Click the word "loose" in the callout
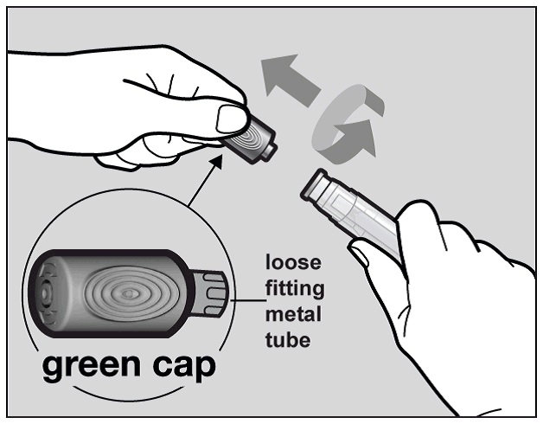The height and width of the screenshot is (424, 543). (293, 262)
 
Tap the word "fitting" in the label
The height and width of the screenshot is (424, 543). (295, 290)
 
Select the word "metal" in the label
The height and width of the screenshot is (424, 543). (293, 314)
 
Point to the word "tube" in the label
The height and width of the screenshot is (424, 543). (288, 340)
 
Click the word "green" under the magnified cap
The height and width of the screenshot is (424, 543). (92, 367)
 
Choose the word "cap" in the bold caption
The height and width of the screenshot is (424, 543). (184, 368)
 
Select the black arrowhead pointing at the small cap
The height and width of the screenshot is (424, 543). (217, 161)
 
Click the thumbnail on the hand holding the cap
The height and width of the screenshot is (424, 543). (231, 119)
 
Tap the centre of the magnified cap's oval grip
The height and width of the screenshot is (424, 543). (129, 294)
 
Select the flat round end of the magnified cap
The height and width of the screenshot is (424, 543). (46, 294)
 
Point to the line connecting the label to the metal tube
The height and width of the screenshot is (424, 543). (248, 300)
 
